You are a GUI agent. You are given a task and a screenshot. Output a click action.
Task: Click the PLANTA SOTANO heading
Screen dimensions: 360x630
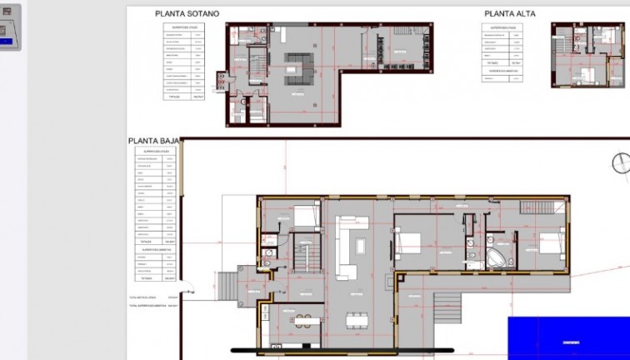[187, 14]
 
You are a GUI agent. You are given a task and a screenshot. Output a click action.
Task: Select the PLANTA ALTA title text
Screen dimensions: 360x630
[509, 14]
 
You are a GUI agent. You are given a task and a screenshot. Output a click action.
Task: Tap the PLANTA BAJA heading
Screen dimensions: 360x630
[154, 142]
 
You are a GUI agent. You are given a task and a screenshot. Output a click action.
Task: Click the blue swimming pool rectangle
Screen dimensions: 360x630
[568, 337]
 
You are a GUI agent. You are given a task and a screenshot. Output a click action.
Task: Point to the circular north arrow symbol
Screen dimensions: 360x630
[622, 163]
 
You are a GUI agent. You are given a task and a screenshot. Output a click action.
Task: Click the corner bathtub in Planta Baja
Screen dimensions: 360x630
[497, 253]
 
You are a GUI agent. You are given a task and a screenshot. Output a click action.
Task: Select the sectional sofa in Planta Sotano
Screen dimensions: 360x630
[297, 67]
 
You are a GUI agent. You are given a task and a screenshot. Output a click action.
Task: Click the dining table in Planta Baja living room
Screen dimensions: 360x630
[357, 319]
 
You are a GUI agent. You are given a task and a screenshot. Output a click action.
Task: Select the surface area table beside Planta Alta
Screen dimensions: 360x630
[507, 52]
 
